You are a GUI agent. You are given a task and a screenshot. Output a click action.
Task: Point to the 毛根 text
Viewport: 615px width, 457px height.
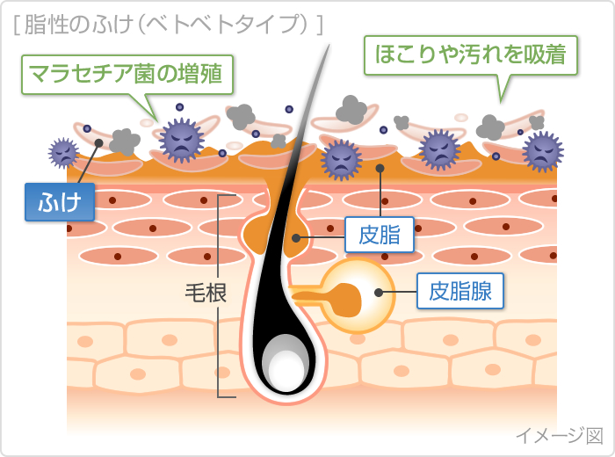205,293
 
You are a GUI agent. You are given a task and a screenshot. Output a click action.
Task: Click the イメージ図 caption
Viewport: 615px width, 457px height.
558,434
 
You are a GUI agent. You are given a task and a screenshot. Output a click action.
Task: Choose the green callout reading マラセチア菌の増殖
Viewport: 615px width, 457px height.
130,74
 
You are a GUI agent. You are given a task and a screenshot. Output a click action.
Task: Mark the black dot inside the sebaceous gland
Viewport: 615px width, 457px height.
379,294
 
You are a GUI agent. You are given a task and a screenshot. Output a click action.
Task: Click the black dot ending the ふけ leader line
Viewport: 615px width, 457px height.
99,142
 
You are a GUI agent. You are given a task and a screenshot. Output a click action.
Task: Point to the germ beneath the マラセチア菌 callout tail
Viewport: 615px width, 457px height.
180,139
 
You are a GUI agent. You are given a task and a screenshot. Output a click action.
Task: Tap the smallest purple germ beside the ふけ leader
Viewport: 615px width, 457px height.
63,152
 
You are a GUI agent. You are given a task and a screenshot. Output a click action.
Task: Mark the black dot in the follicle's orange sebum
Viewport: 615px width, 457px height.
297,237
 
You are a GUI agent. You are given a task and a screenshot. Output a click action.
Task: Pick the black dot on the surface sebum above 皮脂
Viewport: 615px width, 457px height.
380,167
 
